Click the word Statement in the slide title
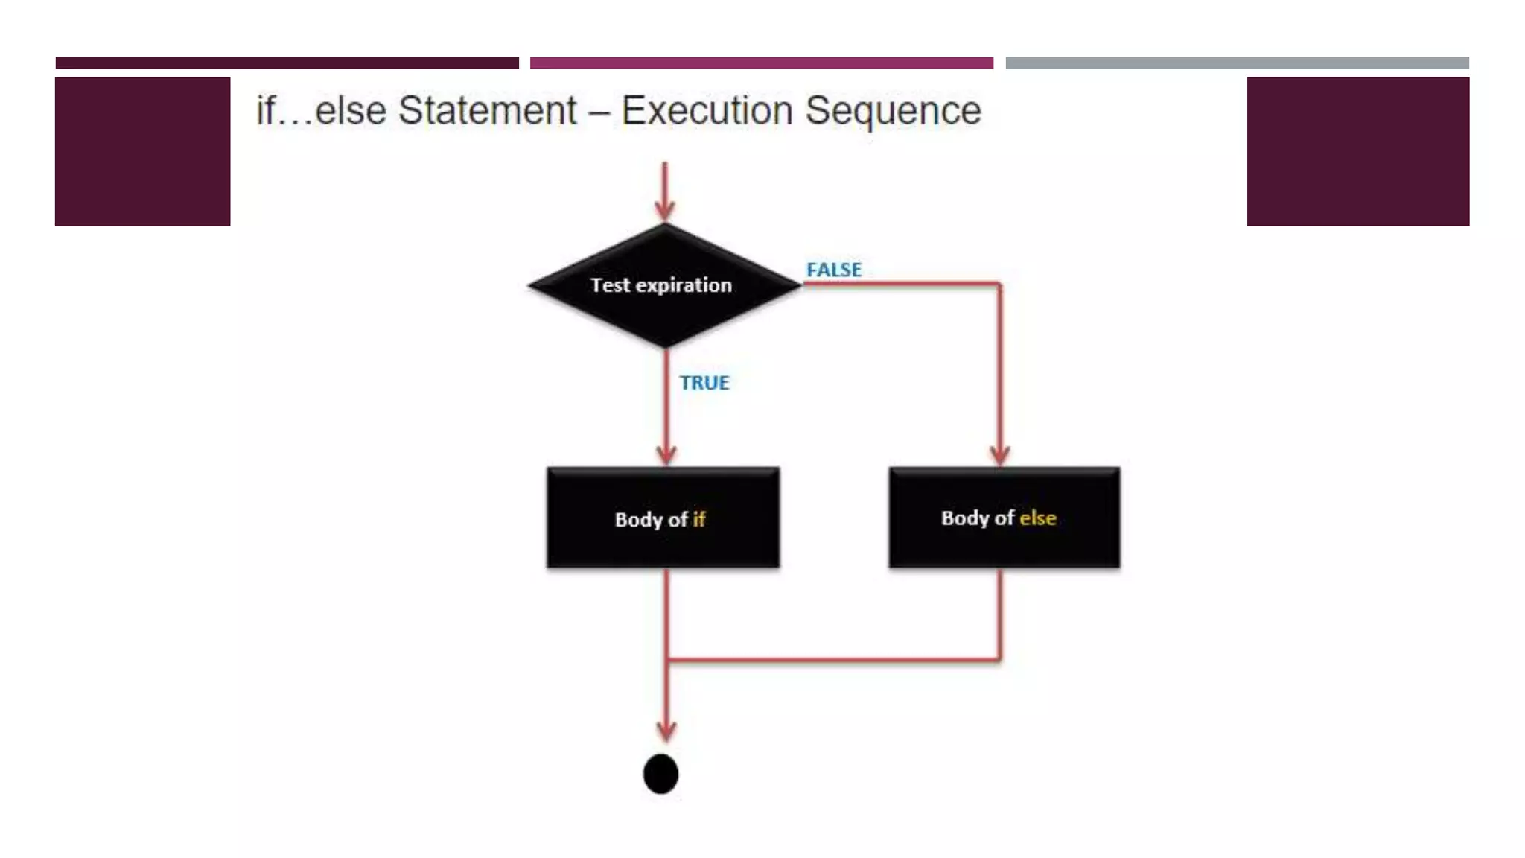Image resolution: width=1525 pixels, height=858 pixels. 487,111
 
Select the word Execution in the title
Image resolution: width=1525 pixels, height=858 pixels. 707,111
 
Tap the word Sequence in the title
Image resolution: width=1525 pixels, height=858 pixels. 893,111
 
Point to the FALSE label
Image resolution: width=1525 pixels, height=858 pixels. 834,270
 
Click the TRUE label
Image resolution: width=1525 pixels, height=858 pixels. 704,383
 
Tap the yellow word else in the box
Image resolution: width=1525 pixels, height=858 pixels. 1037,518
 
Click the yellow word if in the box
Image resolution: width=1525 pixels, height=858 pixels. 698,519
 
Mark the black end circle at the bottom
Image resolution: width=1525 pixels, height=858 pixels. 660,774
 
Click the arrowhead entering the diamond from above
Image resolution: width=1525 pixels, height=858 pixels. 665,209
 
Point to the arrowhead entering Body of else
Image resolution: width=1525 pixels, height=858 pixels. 999,454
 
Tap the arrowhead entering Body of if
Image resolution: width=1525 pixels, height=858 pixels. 666,454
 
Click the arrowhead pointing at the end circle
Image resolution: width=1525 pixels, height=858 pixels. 666,730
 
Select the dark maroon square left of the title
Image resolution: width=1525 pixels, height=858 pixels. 142,151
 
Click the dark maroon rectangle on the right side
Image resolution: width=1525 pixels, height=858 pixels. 1357,151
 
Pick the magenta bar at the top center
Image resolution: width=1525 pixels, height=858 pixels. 761,63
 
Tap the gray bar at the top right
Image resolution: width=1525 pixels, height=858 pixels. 1237,63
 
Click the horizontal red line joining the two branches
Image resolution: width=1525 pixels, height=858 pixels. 834,660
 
